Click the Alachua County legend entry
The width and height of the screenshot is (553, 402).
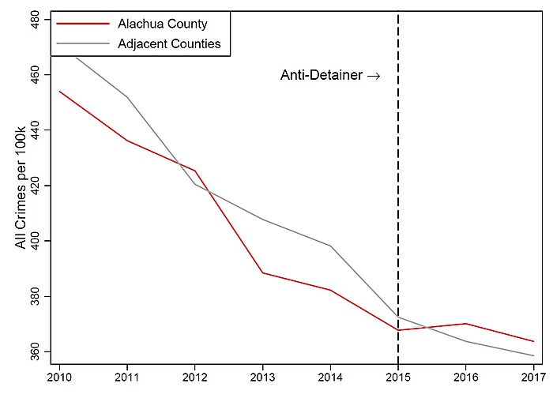pos(171,24)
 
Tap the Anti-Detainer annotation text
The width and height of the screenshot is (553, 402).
pos(330,76)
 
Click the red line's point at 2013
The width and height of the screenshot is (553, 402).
pos(262,272)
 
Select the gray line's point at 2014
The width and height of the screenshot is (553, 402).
pos(330,246)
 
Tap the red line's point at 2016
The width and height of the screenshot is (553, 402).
pos(466,323)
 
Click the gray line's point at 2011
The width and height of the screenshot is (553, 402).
pos(126,96)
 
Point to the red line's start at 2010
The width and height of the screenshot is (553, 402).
pos(59,91)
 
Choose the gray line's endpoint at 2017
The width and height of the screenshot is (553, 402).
pos(534,355)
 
